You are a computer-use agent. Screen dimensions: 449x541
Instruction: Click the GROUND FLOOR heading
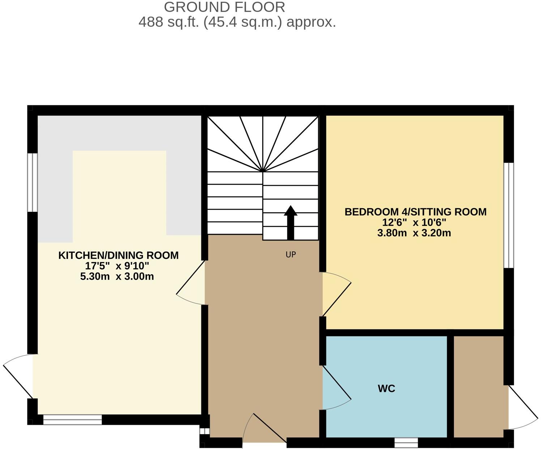click(x=224, y=7)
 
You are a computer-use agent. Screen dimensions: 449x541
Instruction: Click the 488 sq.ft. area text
click(x=237, y=22)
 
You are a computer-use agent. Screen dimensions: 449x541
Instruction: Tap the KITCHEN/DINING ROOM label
click(x=118, y=255)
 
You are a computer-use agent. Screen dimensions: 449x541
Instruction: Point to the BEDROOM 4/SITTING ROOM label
click(x=416, y=212)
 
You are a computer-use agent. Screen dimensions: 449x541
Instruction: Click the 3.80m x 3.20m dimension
click(x=414, y=233)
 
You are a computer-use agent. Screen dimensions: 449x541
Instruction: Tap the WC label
click(x=386, y=389)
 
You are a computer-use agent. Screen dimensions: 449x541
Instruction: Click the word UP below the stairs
click(x=291, y=255)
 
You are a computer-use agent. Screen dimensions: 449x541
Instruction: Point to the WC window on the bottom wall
click(x=406, y=442)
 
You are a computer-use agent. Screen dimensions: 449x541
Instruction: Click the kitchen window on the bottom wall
click(x=72, y=420)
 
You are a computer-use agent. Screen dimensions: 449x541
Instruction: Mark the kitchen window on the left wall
click(x=33, y=182)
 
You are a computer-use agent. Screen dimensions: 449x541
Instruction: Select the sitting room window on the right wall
click(x=509, y=215)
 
